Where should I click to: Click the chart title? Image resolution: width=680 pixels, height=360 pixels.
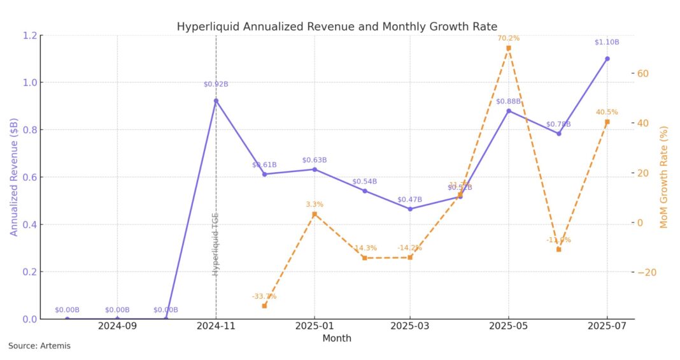coord(337,27)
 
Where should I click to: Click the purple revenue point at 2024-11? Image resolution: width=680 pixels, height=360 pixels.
coord(216,101)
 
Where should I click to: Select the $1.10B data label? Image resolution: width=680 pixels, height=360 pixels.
coord(607,42)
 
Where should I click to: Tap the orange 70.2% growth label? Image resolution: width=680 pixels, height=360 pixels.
coord(508,38)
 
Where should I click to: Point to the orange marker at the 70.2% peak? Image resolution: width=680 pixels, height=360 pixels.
coord(508,48)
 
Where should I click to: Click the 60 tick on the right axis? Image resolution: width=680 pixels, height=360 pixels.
coord(643,73)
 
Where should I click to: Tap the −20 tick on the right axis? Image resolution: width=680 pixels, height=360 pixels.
coord(646,272)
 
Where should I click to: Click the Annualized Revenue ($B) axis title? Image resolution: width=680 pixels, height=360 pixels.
coord(13,176)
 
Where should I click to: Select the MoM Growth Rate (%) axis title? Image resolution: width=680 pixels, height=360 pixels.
coord(664,176)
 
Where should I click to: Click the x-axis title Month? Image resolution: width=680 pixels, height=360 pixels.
coord(336,338)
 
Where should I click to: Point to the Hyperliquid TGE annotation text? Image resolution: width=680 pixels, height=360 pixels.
coord(216,243)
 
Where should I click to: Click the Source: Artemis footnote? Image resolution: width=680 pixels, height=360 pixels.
coord(39,346)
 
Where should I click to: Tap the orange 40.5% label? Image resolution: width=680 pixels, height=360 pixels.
coord(607,112)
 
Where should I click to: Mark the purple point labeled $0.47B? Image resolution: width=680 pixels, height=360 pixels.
coord(410,208)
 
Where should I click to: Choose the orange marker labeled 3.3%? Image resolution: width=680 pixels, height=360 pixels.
coord(314,214)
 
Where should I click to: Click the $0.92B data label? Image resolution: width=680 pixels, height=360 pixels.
coord(216,84)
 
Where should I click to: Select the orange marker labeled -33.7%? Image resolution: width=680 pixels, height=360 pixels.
coord(264,306)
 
